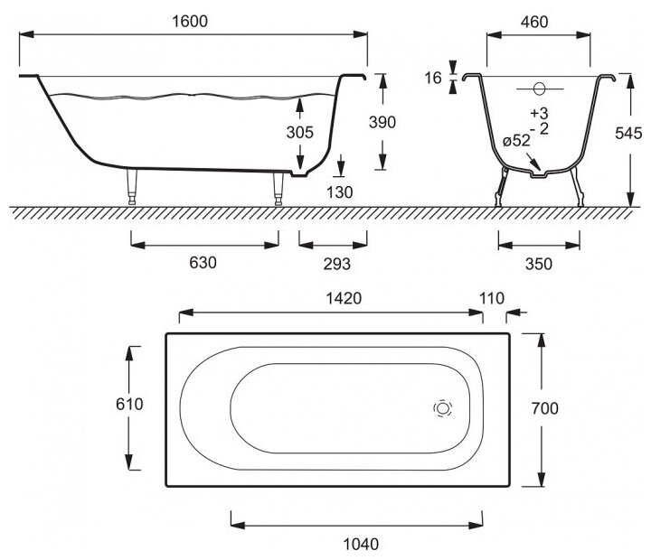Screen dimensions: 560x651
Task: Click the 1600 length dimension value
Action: coord(194,21)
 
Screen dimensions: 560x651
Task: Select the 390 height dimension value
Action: coord(383,124)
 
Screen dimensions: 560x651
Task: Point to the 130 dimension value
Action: coord(341,191)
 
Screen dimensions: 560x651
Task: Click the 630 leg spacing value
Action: coord(204,263)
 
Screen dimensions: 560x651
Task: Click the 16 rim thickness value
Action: coord(434,79)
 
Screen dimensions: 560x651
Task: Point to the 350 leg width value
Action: coord(539,263)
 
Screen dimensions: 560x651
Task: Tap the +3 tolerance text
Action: coord(540,113)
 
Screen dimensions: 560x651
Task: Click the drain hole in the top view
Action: coord(443,408)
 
